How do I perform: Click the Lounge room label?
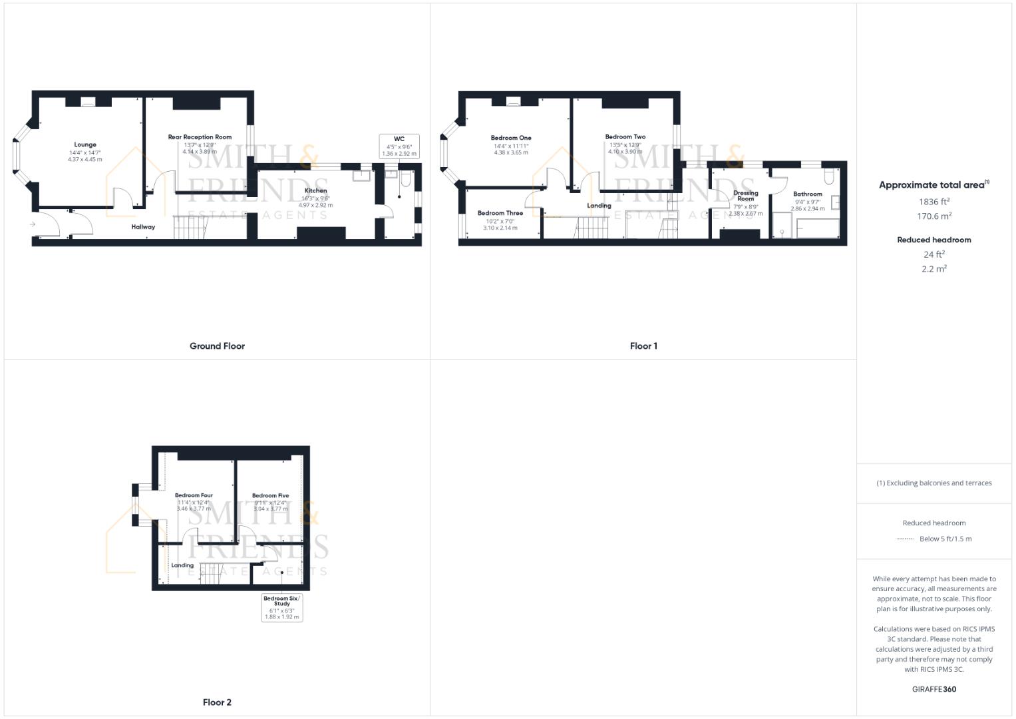[85, 144]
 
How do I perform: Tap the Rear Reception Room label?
[200, 137]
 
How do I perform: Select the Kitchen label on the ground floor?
[315, 191]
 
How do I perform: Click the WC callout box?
[399, 146]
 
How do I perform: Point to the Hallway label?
[143, 227]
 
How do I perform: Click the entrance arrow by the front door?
[32, 224]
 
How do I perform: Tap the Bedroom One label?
[511, 138]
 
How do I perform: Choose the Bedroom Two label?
[625, 137]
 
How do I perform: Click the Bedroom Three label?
[500, 213]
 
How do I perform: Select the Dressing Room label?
[745, 196]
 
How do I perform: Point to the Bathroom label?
[807, 194]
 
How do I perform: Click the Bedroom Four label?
[194, 495]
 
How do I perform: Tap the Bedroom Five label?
[270, 495]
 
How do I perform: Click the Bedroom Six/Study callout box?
[281, 608]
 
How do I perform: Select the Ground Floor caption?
[217, 346]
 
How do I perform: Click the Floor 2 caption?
[217, 702]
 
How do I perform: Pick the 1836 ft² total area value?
[934, 202]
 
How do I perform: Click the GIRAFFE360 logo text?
[933, 690]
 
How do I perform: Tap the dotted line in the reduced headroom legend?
[905, 539]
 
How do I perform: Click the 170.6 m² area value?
[934, 216]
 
